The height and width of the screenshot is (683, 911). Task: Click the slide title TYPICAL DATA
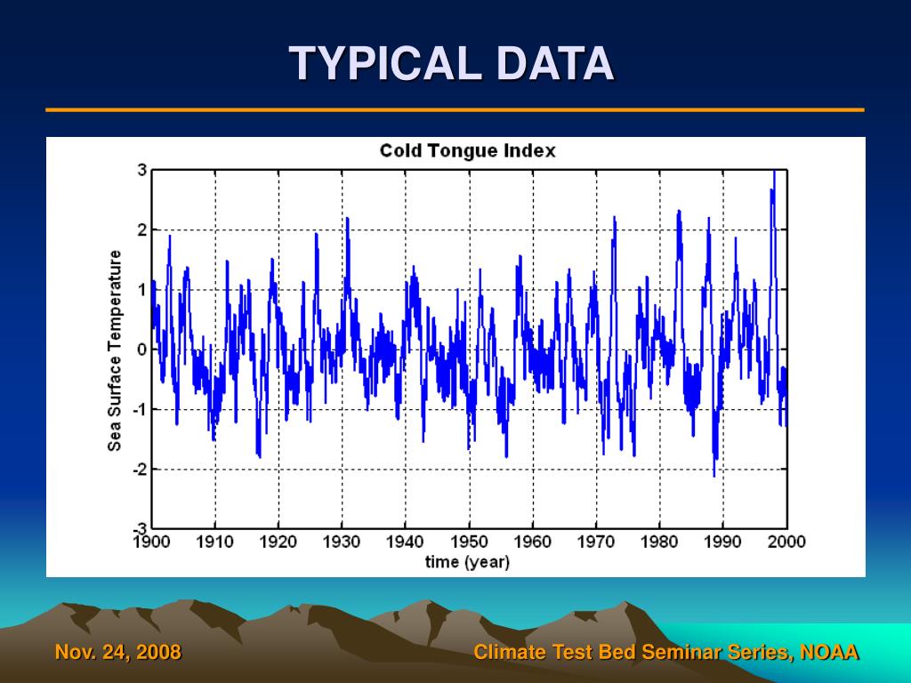(452, 64)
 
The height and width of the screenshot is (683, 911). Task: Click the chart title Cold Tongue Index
(467, 150)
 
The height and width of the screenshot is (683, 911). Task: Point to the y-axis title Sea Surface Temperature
(115, 350)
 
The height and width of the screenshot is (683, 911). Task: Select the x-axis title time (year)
(467, 562)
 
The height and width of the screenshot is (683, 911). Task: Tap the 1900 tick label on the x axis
(152, 542)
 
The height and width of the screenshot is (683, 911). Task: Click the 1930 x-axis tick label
(343, 542)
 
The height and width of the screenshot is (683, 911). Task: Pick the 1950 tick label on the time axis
(469, 542)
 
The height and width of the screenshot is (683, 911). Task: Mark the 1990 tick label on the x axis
(722, 542)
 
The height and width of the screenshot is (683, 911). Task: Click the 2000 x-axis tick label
(786, 542)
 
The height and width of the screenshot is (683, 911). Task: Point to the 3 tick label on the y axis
(141, 171)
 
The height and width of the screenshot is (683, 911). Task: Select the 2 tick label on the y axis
(141, 230)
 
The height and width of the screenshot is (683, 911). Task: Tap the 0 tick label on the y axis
(141, 350)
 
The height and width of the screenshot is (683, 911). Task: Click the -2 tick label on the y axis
(139, 469)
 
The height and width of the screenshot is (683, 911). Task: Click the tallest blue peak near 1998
(774, 172)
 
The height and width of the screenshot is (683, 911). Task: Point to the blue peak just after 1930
(347, 219)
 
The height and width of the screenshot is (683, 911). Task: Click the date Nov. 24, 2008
(118, 653)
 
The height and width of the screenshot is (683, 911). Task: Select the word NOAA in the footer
(829, 653)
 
